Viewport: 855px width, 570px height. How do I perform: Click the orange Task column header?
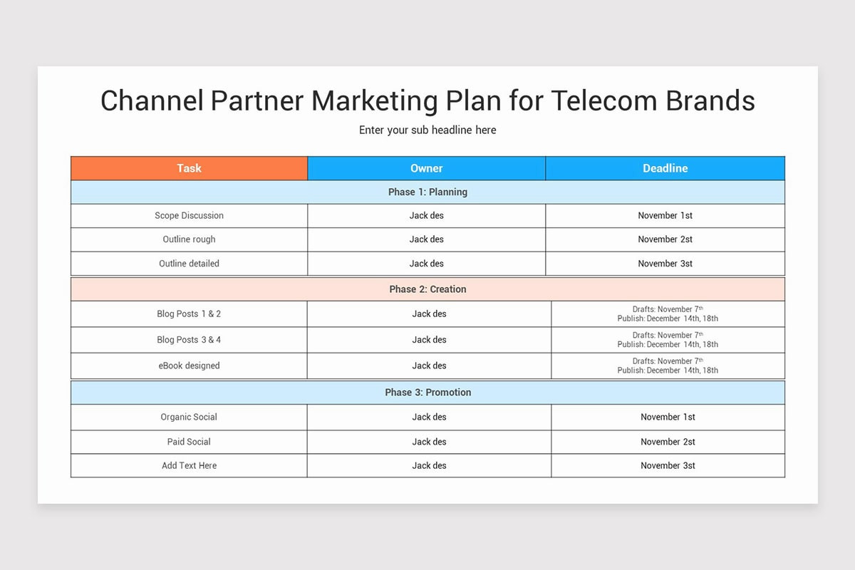(189, 168)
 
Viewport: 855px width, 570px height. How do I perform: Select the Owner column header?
(426, 168)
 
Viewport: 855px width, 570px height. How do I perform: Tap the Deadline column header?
(665, 168)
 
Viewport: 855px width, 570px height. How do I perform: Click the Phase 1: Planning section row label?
(427, 192)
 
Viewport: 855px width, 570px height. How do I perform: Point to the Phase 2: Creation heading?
(427, 289)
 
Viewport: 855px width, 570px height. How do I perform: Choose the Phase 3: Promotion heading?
(427, 392)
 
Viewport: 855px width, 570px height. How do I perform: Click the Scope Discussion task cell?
(189, 215)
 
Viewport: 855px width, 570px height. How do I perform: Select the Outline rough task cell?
(189, 239)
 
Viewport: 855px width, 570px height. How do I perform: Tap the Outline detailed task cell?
(189, 264)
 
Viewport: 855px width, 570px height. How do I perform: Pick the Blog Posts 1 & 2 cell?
(189, 313)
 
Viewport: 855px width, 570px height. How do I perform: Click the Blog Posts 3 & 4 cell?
(189, 340)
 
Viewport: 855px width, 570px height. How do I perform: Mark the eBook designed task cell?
(189, 366)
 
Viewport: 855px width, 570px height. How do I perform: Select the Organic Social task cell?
(189, 417)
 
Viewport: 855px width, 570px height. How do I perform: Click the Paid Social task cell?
(189, 442)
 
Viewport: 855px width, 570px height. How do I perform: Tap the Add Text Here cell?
(189, 465)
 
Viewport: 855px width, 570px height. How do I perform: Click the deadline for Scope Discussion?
(665, 215)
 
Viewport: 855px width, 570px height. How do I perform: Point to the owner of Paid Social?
(429, 442)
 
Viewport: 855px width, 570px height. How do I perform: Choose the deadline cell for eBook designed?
(668, 366)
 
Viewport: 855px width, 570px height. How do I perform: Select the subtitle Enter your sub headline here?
(427, 130)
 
